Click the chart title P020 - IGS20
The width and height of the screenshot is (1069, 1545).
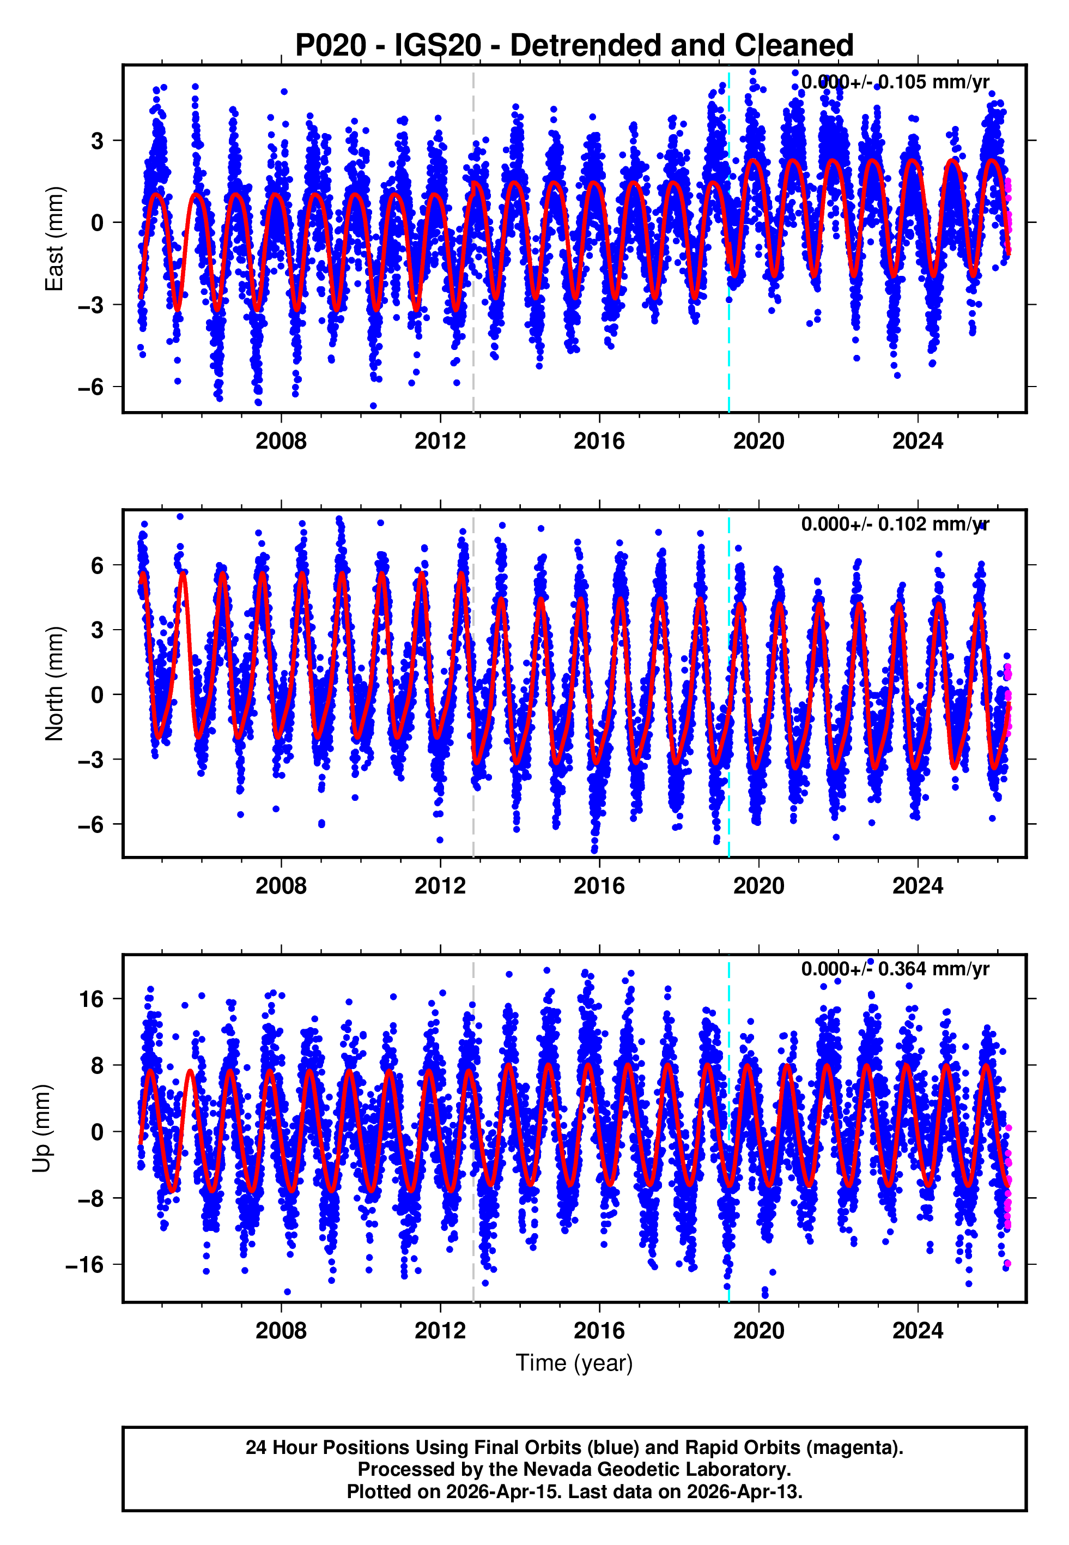click(x=574, y=46)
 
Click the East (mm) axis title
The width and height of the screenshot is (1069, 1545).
click(x=54, y=239)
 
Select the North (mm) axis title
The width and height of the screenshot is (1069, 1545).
click(x=54, y=684)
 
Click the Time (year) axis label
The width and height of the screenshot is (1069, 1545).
click(x=574, y=1363)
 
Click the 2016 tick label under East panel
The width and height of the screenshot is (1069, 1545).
click(x=599, y=442)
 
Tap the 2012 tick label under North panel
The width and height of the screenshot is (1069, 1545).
click(x=440, y=886)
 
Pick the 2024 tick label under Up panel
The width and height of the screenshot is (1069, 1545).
click(x=917, y=1331)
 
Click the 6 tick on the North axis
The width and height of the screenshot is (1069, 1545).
click(x=98, y=565)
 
